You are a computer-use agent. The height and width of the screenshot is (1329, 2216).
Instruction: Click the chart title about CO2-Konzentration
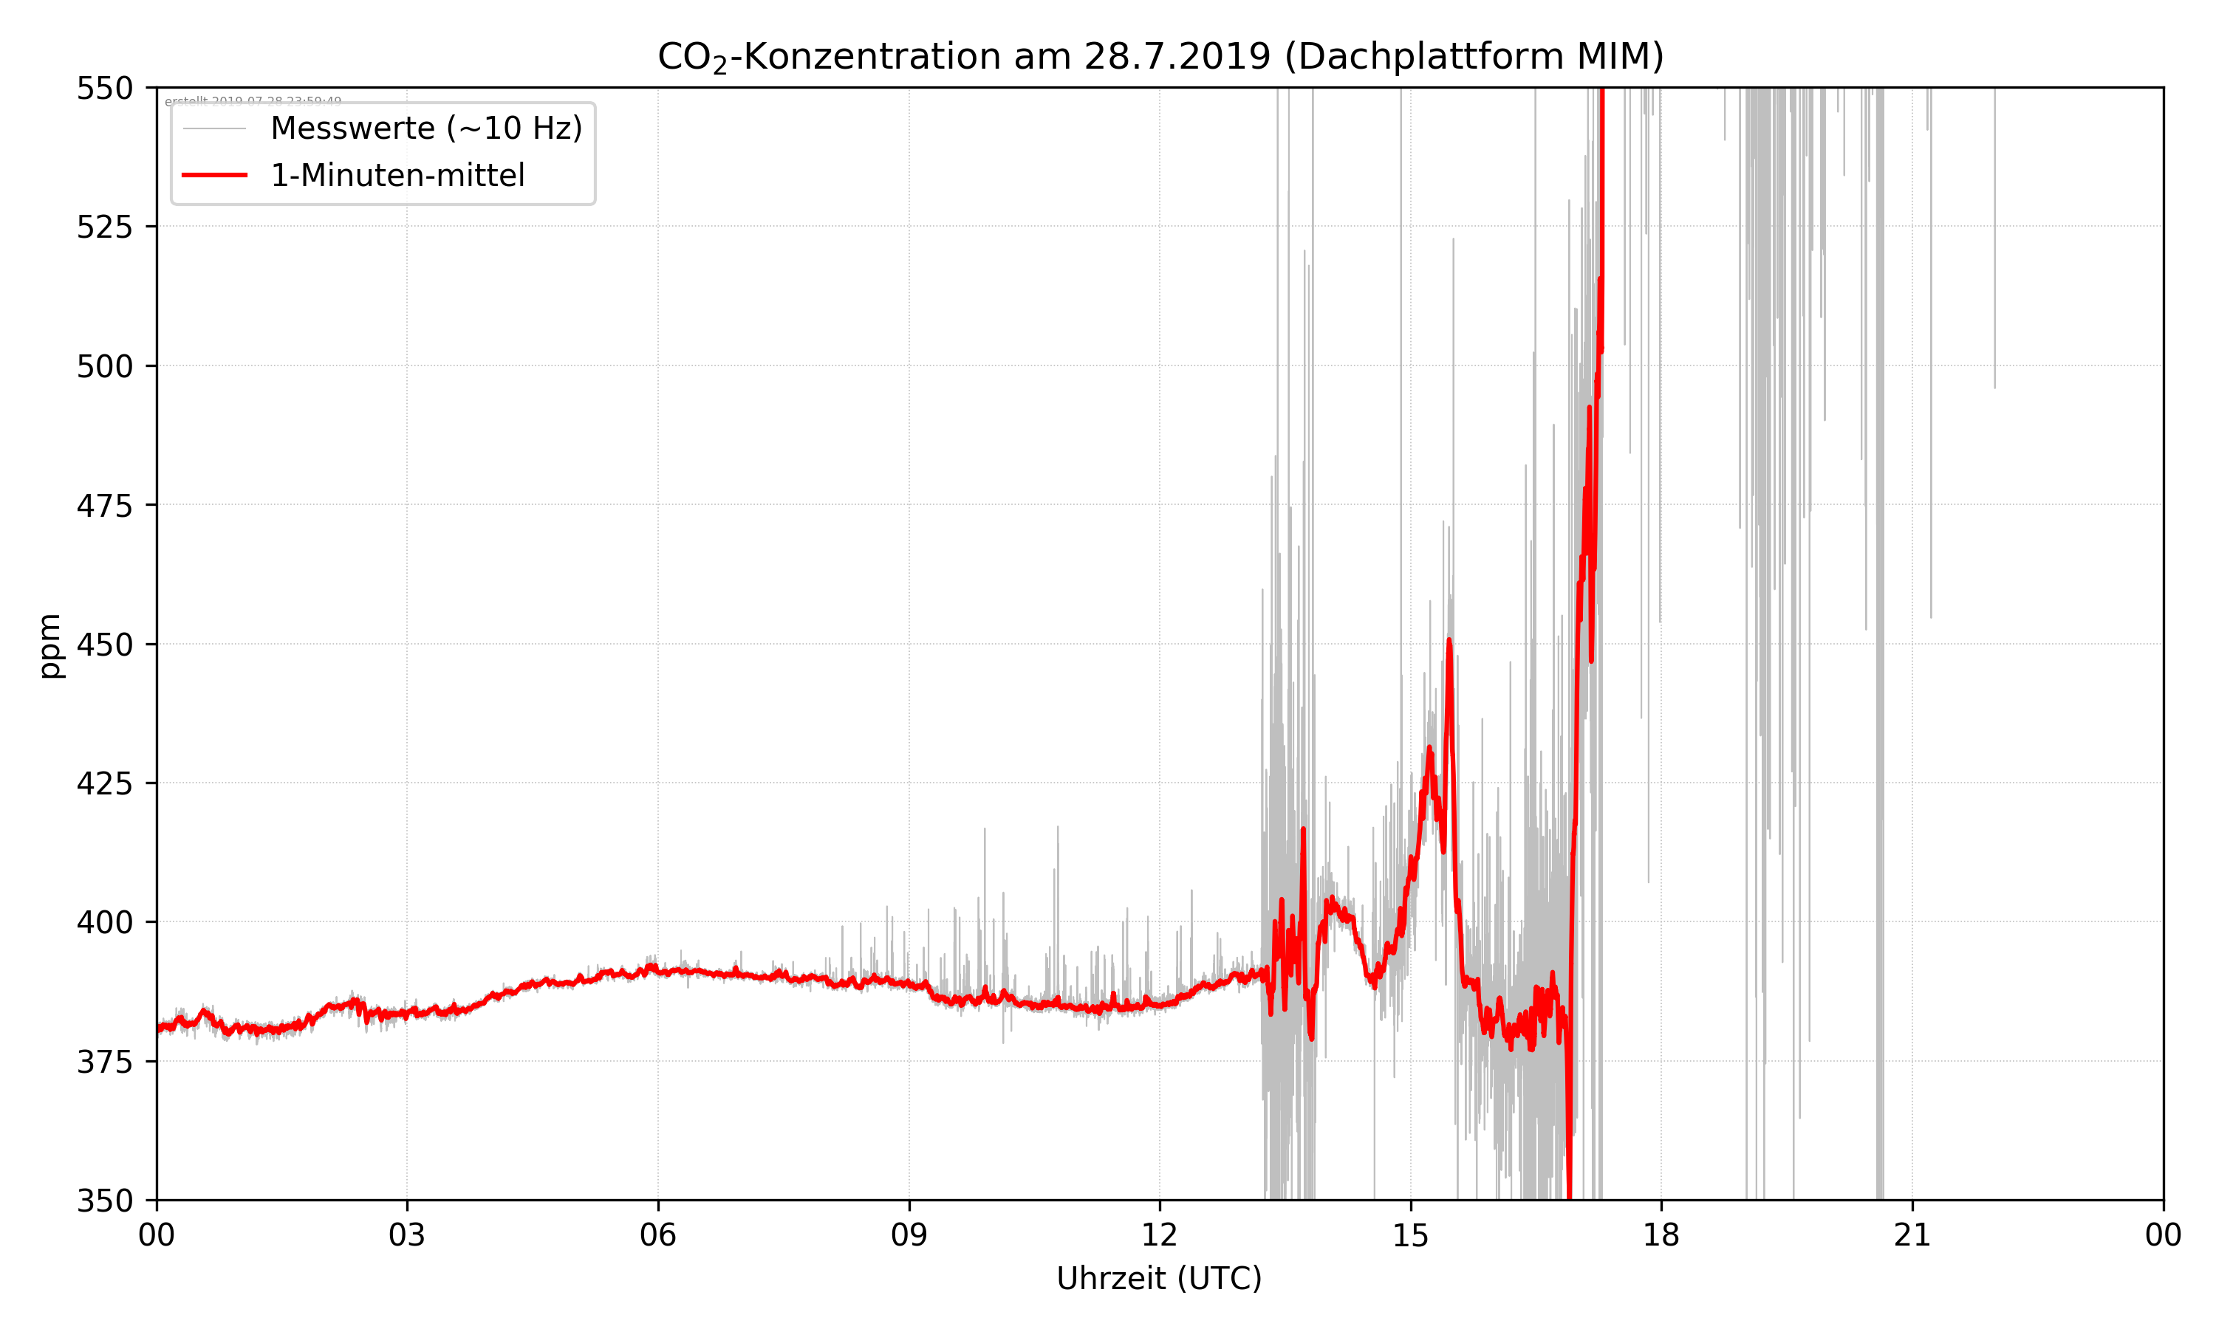1160,56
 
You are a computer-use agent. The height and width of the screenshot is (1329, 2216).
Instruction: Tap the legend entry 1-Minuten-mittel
397,176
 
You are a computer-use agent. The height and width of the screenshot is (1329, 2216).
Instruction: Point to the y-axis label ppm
50,646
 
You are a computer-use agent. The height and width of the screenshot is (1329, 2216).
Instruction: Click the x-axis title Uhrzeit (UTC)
1159,1278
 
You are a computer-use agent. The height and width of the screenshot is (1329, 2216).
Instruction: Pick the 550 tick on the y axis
104,89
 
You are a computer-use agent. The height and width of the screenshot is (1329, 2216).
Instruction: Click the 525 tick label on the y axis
104,227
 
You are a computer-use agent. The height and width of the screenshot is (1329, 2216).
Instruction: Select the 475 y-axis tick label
104,506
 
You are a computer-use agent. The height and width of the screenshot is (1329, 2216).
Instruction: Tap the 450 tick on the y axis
104,645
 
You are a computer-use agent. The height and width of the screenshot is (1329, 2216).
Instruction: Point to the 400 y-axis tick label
104,922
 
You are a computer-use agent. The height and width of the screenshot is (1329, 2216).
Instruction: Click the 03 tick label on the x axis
407,1235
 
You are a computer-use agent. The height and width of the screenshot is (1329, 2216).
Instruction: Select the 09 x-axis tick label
909,1235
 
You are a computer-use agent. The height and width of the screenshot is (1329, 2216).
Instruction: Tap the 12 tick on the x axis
1159,1235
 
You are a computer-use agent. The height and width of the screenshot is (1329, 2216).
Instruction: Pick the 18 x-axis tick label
1661,1235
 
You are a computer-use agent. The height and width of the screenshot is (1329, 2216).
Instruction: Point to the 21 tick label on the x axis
1912,1235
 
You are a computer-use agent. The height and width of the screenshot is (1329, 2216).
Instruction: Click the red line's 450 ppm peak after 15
1449,641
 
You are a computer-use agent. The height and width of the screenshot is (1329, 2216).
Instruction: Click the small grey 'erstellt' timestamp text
253,101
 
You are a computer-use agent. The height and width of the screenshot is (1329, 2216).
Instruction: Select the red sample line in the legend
214,176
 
